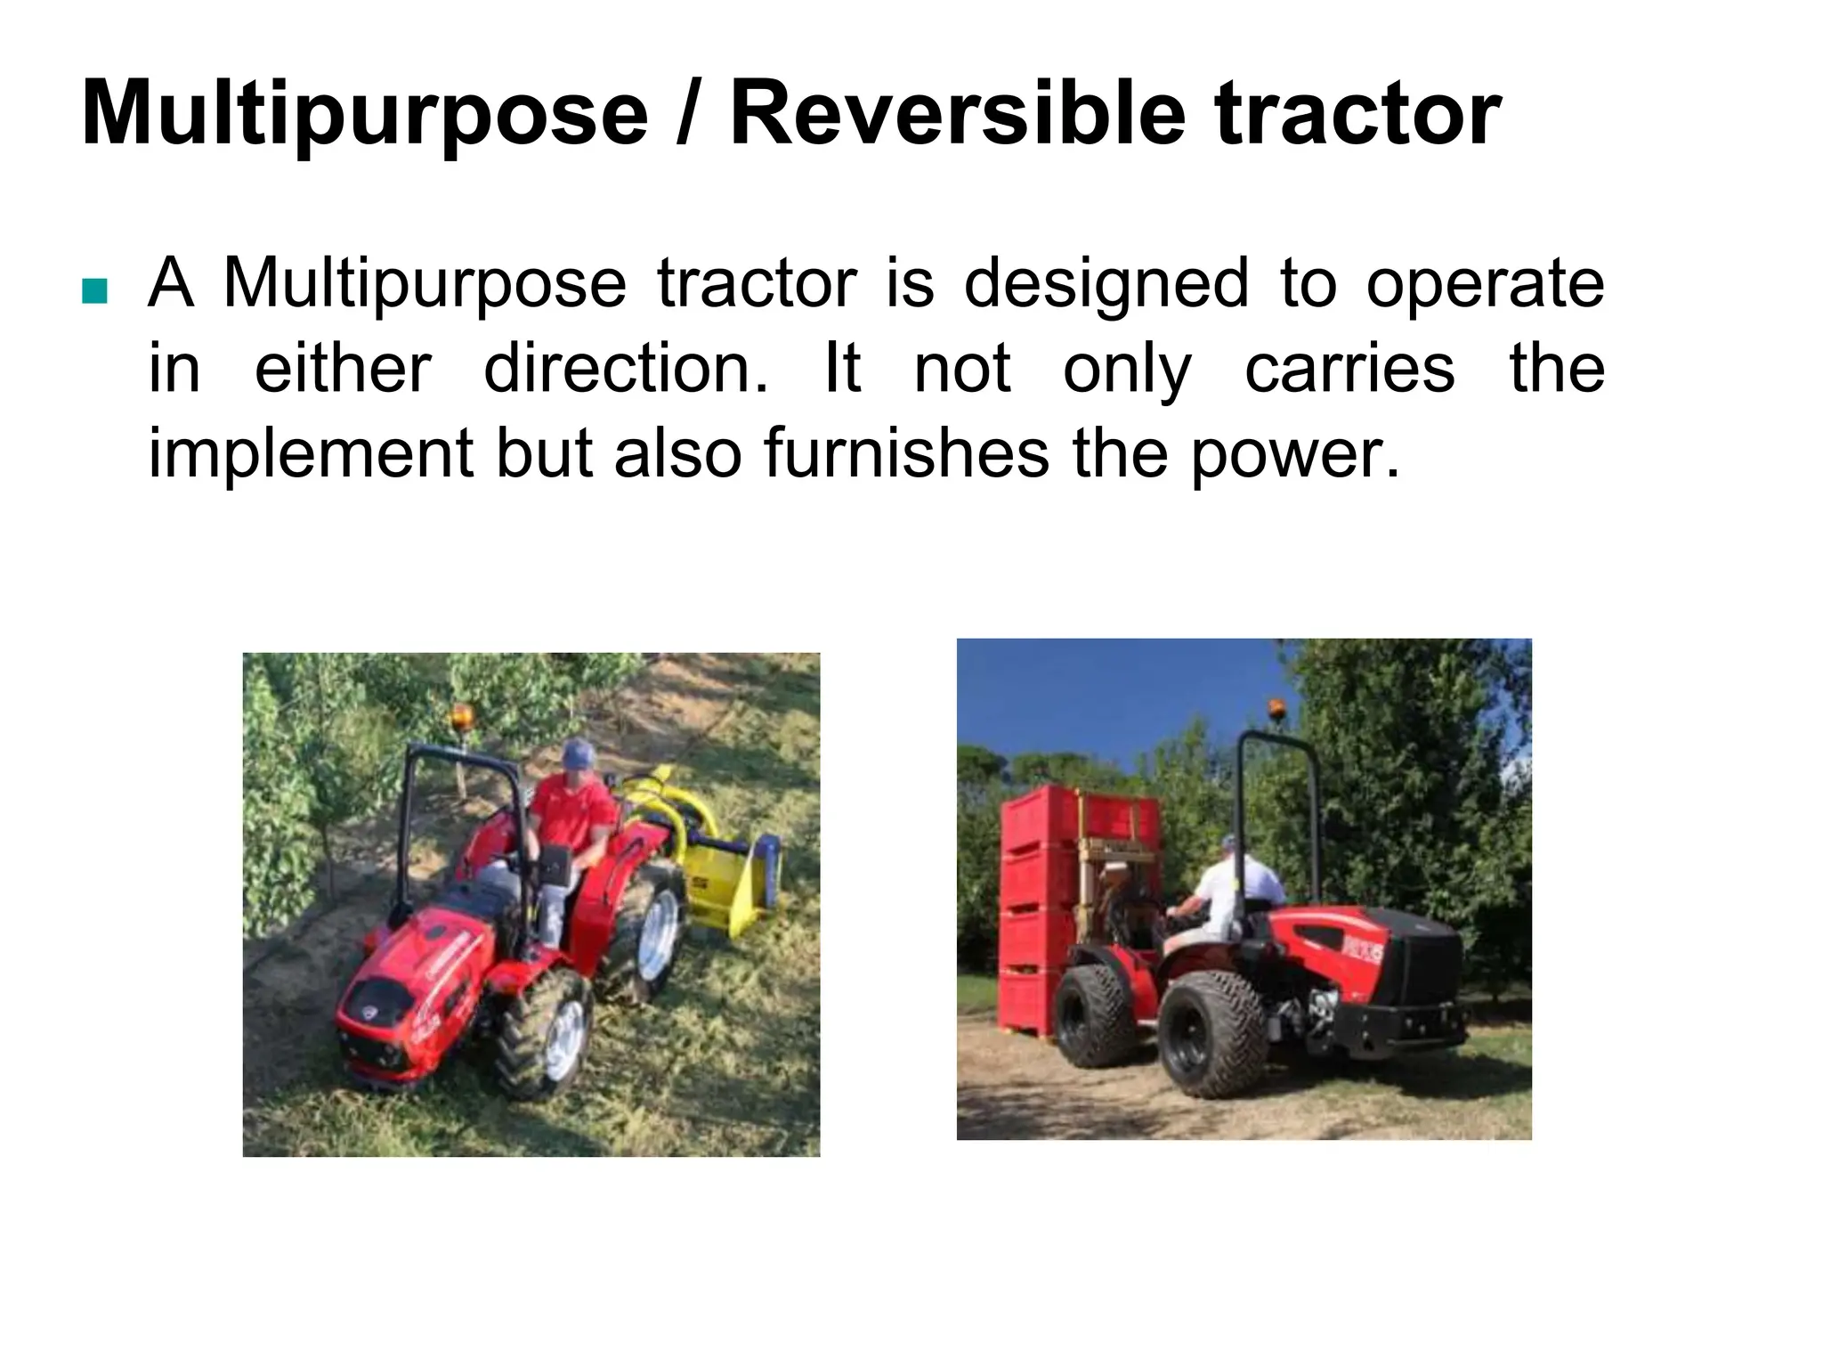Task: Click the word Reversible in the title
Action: [958, 114]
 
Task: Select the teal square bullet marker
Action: [93, 291]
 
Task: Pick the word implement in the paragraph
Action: [309, 454]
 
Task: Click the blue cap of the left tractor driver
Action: [578, 755]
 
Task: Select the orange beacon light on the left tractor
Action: [462, 716]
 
